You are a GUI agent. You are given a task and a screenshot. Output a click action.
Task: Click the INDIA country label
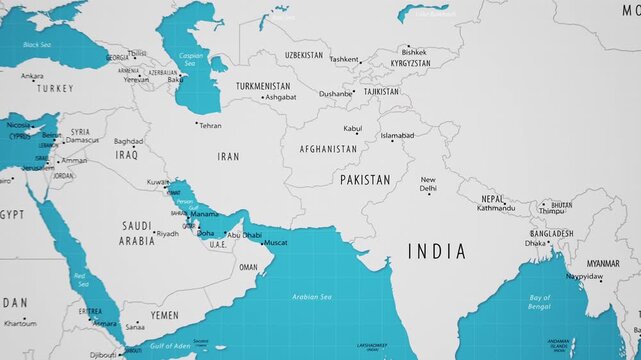437,251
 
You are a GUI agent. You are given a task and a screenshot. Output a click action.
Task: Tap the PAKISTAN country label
365,180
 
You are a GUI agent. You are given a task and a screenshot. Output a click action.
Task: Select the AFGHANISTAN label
327,149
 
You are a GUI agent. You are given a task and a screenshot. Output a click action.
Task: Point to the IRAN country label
229,157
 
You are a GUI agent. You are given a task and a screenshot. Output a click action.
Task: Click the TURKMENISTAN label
263,86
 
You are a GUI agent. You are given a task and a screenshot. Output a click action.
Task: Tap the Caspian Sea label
191,58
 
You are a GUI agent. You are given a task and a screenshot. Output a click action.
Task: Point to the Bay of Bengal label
540,303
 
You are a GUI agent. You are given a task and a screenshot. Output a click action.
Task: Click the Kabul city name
353,128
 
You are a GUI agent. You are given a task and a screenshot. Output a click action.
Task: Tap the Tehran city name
210,126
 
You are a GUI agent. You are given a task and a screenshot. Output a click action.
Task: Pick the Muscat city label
275,241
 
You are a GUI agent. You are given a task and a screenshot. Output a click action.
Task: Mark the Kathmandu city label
496,208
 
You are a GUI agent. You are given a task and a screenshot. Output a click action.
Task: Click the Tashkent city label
343,59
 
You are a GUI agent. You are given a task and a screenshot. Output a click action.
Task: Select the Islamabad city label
397,135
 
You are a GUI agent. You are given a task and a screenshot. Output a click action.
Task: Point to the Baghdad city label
128,141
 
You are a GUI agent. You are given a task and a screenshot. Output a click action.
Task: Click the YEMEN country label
165,315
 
